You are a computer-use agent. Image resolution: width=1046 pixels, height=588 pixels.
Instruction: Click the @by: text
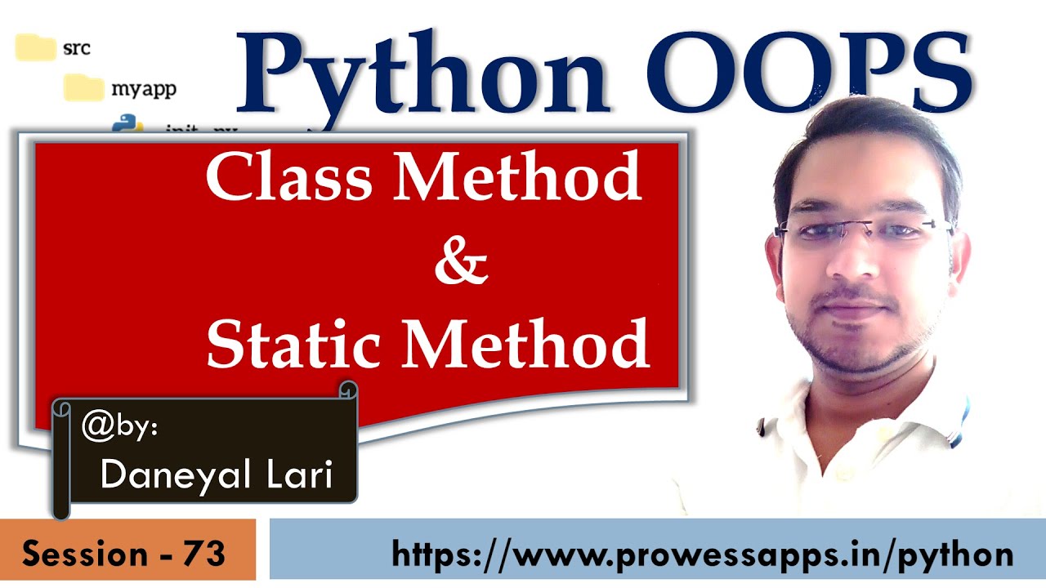coord(119,427)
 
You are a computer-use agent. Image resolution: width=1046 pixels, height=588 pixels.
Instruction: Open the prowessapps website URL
coord(702,554)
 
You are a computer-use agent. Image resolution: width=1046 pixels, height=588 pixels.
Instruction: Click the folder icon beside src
coord(35,47)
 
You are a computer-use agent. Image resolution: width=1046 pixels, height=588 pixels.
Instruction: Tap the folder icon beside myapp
coord(84,87)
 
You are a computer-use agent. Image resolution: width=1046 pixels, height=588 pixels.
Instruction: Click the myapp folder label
coord(143,88)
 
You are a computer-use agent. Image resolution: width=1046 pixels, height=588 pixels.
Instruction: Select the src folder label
coord(76,48)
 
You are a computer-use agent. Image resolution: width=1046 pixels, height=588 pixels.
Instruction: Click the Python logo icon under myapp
coord(127,125)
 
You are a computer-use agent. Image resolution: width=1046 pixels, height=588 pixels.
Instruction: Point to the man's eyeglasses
coord(862,229)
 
